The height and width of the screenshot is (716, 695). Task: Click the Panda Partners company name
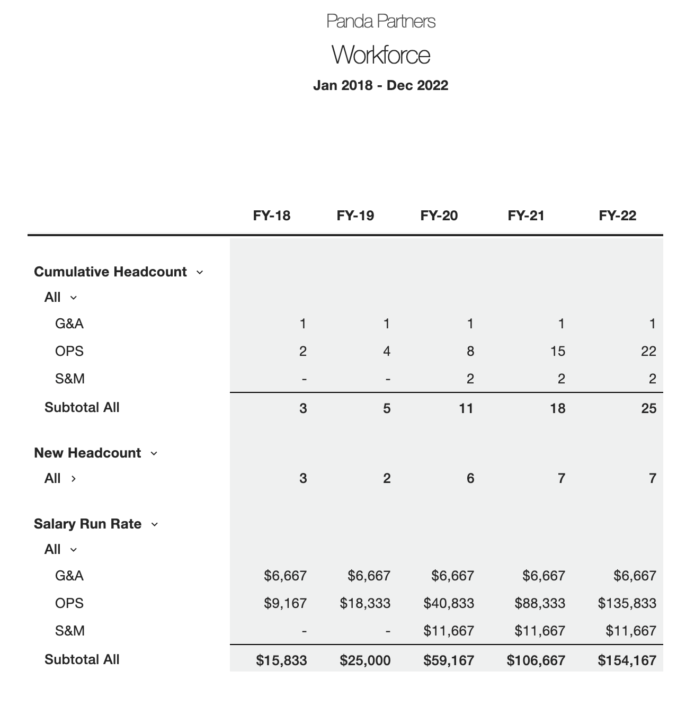381,21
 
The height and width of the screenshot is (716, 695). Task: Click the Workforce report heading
381,55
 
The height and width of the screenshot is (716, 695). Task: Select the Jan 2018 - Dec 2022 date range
380,85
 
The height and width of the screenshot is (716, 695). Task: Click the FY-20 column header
439,216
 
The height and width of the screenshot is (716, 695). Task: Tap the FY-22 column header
617,216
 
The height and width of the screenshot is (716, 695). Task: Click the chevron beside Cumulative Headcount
200,272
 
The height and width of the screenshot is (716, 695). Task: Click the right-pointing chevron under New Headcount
74,479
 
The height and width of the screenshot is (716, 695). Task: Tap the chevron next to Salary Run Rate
155,524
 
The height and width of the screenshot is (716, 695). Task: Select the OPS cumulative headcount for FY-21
557,351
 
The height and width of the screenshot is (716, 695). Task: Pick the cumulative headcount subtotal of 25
648,408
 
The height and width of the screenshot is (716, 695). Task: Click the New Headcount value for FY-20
470,478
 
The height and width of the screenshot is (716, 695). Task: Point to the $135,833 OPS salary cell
627,603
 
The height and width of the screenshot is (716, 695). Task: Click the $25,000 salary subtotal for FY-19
365,660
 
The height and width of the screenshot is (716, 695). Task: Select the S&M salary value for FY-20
449,631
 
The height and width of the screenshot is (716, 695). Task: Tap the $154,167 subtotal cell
627,660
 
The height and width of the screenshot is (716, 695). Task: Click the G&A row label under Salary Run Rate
69,576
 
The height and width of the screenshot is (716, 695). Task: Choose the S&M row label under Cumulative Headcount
70,379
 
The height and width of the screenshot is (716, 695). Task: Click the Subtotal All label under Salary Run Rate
82,659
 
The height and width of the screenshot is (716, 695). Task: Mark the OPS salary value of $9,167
285,603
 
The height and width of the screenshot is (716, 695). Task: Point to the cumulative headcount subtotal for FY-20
466,408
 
